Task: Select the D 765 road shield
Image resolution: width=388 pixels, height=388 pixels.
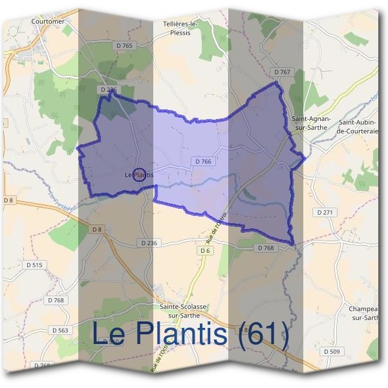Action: (127, 45)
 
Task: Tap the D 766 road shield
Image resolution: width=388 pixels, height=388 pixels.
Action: (202, 161)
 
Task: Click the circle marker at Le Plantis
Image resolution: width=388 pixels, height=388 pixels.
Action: (138, 175)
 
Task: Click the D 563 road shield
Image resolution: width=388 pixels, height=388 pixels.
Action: (59, 330)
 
